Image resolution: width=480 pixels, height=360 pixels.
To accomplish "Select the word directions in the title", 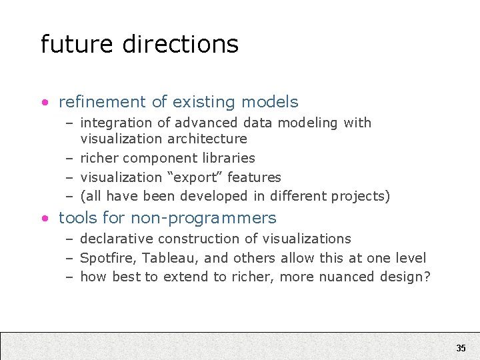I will [181, 44].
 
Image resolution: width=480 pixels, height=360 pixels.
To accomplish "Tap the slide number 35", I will [461, 348].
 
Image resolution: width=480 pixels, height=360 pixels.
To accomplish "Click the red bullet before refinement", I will [44, 103].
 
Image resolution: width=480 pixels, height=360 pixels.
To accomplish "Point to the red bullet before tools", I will [44, 219].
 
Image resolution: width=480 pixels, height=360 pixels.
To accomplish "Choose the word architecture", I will [207, 139].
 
